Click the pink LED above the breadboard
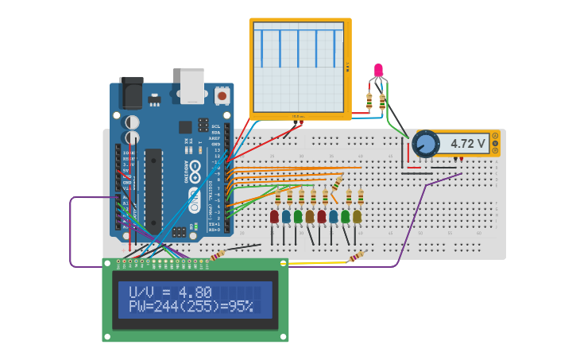click(378, 71)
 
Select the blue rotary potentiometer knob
click(426, 144)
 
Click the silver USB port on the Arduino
click(192, 86)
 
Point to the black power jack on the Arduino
click(130, 92)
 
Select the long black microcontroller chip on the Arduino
click(153, 190)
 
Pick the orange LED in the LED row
click(310, 216)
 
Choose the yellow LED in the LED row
click(357, 216)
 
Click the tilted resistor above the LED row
click(337, 183)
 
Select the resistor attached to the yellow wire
click(356, 257)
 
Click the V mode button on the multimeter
click(495, 143)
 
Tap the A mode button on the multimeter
click(495, 136)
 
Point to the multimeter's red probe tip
click(462, 158)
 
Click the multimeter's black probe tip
click(455, 158)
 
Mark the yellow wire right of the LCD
click(318, 261)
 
